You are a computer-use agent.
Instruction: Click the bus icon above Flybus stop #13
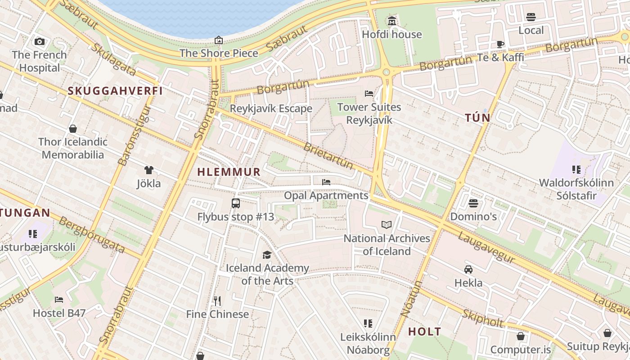235,203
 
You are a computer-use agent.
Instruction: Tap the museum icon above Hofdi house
392,21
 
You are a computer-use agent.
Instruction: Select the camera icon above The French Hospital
40,41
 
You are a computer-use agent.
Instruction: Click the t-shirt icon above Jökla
148,170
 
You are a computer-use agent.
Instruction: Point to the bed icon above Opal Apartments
326,182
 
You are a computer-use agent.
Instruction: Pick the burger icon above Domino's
473,203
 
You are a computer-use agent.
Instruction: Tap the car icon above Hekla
468,270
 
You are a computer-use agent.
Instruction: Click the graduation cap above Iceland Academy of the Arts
267,255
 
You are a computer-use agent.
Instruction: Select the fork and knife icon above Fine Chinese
217,301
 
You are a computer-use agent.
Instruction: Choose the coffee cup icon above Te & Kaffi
500,44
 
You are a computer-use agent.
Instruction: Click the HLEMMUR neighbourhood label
229,172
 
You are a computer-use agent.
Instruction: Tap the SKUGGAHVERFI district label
115,91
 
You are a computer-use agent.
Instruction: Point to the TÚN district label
477,118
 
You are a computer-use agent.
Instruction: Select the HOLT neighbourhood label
424,332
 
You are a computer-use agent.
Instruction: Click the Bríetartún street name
328,156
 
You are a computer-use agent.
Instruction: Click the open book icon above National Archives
387,225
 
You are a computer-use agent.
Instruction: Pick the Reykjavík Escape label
271,109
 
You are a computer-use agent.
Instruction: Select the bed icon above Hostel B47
59,300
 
